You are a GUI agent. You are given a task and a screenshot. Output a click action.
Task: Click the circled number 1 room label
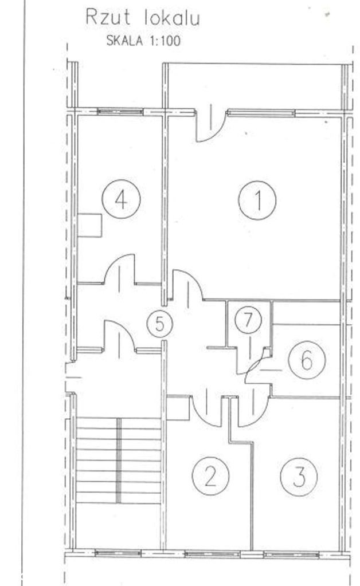coord(257,200)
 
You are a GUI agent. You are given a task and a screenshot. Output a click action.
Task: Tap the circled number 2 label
coord(210,476)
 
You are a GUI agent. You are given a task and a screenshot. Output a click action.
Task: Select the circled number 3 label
coord(299,477)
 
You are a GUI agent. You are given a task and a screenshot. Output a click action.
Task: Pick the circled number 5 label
coord(160,324)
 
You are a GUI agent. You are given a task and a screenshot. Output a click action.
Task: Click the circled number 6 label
coord(307,360)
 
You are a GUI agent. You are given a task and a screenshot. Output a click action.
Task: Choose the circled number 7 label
coord(248,320)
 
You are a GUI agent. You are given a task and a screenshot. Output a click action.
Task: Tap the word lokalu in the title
coord(172,18)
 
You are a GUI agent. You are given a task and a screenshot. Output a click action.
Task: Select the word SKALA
coord(124,40)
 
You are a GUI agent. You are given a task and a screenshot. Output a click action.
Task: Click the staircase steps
coord(119,461)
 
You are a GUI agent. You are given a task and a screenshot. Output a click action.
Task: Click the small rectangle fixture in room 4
coord(90,225)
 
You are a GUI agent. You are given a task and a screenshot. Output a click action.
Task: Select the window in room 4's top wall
coord(120,111)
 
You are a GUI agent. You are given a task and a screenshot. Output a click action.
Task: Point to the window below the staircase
coord(118,553)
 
